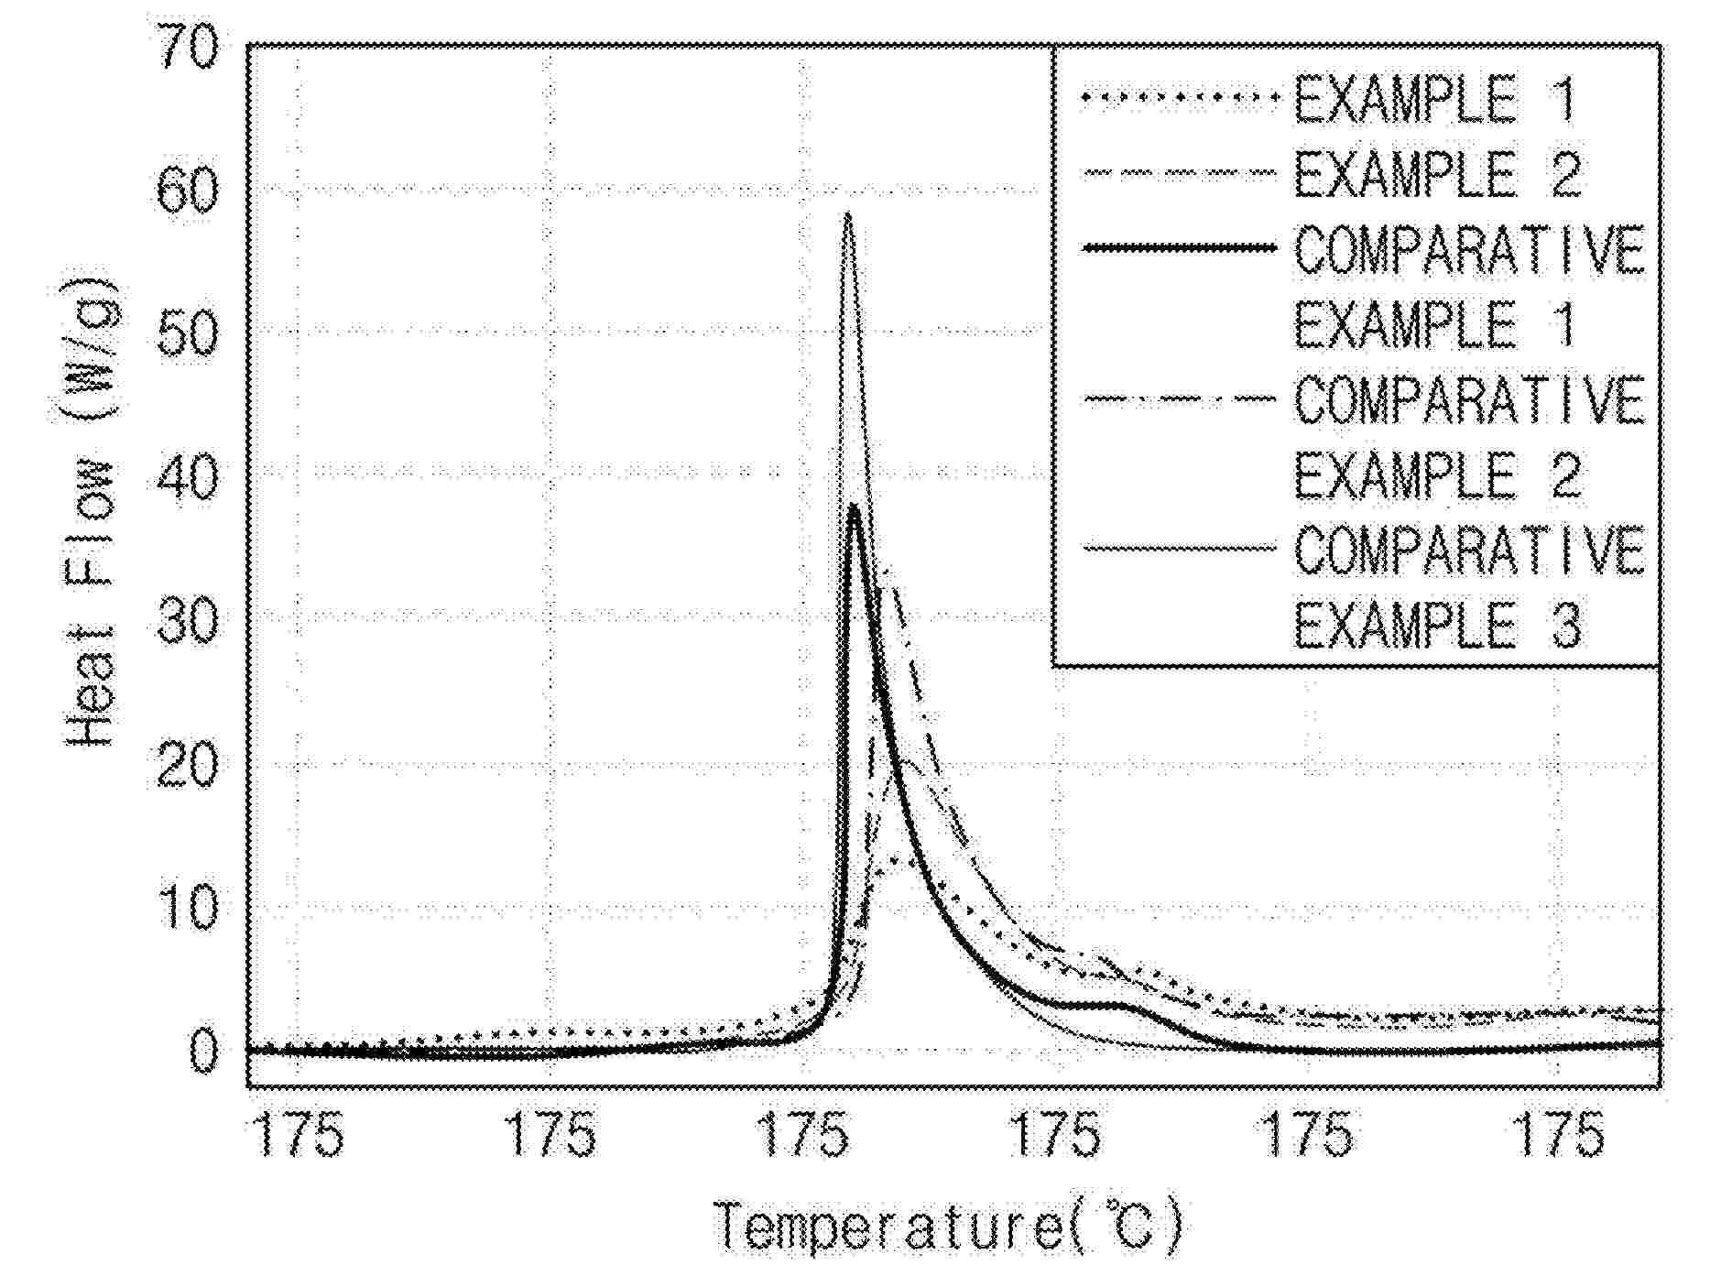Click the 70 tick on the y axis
(188, 48)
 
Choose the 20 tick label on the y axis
(188, 765)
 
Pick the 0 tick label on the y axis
(204, 1052)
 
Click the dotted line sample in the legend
(1178, 96)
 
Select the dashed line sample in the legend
(1178, 172)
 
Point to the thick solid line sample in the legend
(1178, 247)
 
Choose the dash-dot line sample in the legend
(1178, 398)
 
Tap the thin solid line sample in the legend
(1178, 549)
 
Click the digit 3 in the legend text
(1565, 627)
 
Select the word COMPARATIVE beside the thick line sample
(1469, 249)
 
